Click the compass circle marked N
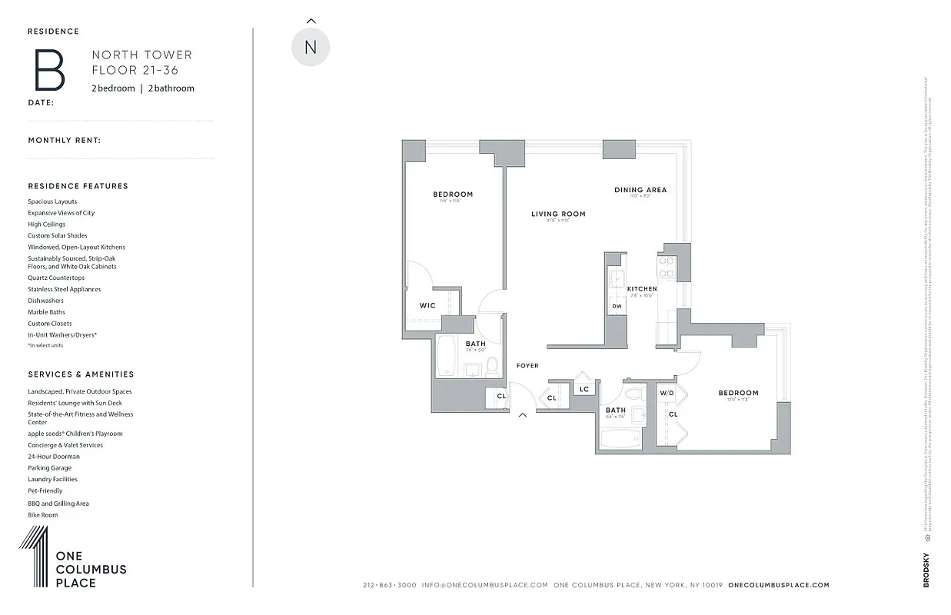[x=311, y=47]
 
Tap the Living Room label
[x=558, y=214]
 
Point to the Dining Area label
[x=640, y=190]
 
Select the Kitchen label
[x=642, y=289]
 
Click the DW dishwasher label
[x=617, y=306]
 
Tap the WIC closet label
[x=427, y=305]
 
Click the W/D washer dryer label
[x=667, y=393]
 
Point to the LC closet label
[x=584, y=389]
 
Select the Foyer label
[x=527, y=366]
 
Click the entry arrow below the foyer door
[x=523, y=416]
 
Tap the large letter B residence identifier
[x=48, y=70]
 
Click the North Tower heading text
[x=142, y=55]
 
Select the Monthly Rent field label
[x=65, y=141]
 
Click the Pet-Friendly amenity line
[x=45, y=490]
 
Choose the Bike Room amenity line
[x=43, y=515]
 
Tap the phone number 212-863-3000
[x=389, y=585]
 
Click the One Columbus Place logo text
[x=91, y=570]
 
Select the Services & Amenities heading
[x=81, y=374]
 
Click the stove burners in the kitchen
[x=667, y=266]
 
